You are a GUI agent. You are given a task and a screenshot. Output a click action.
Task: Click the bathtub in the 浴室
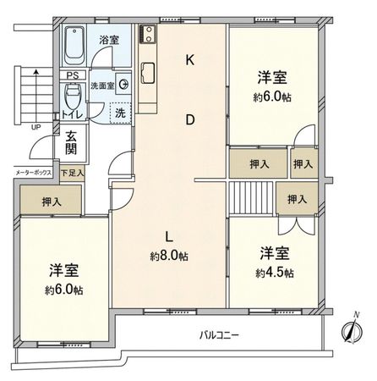(x=74, y=43)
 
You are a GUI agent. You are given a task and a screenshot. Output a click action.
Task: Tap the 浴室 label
(x=107, y=40)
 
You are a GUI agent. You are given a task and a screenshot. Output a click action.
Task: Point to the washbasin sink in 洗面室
(x=123, y=83)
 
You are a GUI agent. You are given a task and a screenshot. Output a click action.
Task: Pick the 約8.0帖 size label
(x=169, y=255)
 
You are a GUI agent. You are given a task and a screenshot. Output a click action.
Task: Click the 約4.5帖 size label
(x=276, y=272)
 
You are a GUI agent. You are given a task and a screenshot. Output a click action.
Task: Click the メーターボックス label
(x=33, y=173)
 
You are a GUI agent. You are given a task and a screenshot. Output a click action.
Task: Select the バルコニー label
(x=219, y=335)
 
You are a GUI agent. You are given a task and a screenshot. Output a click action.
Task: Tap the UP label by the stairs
(x=36, y=128)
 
